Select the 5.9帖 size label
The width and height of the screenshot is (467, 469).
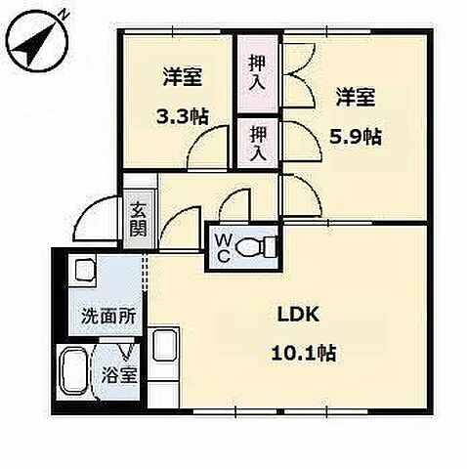[x=358, y=136]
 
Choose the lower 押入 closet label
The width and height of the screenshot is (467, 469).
[x=257, y=141]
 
